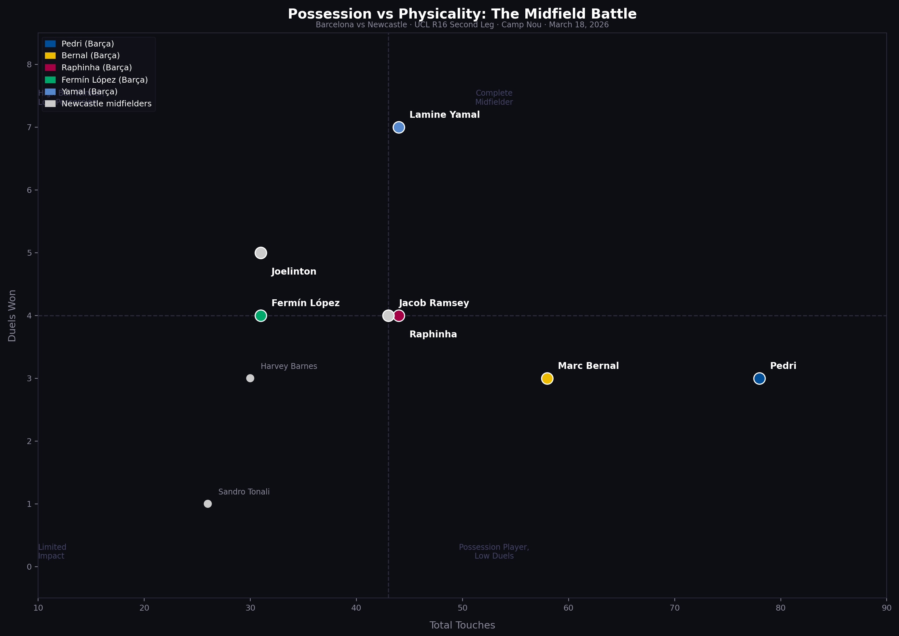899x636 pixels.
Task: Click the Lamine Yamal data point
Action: click(x=398, y=127)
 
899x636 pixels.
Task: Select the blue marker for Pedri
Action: click(x=759, y=378)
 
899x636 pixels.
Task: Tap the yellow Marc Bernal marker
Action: click(x=547, y=378)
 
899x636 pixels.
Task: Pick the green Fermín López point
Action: click(x=260, y=316)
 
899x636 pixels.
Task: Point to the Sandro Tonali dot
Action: click(x=208, y=504)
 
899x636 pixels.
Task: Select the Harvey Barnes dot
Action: click(x=250, y=378)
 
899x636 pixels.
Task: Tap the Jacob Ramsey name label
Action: click(x=434, y=303)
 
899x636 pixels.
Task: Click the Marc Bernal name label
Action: click(x=588, y=366)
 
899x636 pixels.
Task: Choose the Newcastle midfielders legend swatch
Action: click(x=50, y=104)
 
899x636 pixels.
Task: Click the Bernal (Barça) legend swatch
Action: click(x=50, y=56)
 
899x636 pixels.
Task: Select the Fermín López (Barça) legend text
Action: click(x=104, y=80)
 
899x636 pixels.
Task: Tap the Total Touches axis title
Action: click(x=462, y=625)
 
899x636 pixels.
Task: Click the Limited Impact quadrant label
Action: click(x=52, y=551)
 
